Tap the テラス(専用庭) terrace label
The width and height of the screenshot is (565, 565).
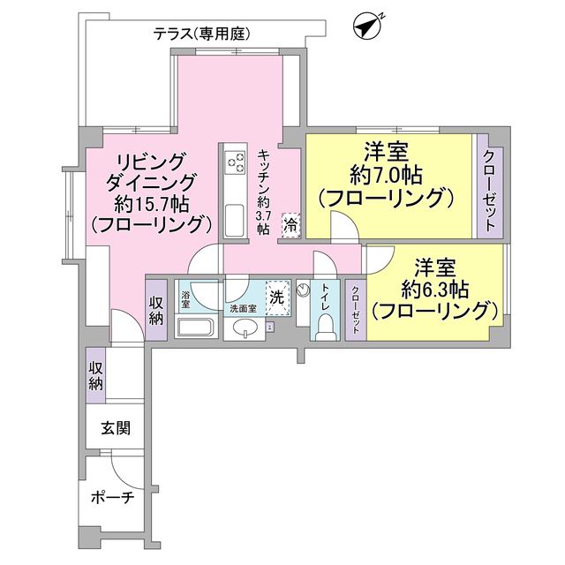tap(202, 34)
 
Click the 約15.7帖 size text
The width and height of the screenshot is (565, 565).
tap(151, 203)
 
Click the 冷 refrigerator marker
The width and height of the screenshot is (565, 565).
tap(290, 224)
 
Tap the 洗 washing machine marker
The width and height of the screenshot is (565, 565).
tap(276, 298)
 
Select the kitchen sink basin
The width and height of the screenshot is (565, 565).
tap(235, 218)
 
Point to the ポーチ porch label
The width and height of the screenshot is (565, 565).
tap(113, 498)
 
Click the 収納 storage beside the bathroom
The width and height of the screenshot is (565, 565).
tap(155, 308)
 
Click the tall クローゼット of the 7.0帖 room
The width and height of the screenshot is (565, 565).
tap(488, 186)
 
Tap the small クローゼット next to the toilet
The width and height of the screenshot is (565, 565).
tap(355, 308)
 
